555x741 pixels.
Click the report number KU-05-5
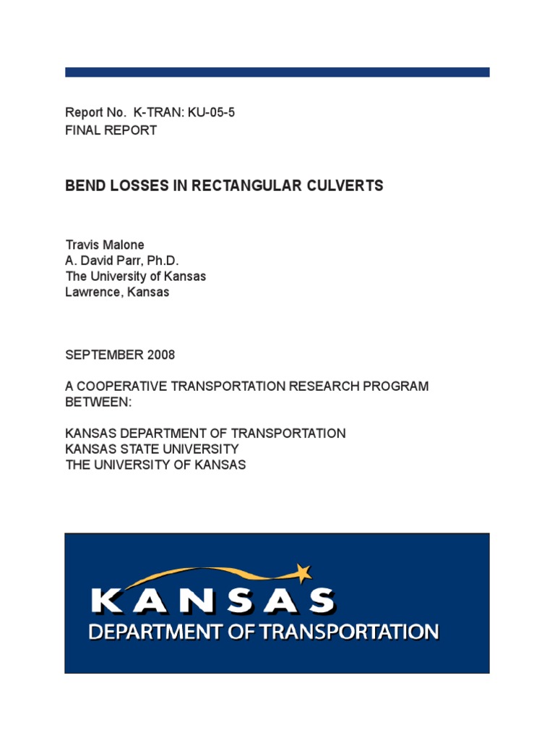click(x=212, y=113)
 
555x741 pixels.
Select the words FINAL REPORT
click(x=111, y=131)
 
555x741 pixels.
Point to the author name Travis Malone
click(x=105, y=245)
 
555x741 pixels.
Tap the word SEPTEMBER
click(x=103, y=355)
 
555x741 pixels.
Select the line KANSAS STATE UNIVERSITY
click(x=152, y=449)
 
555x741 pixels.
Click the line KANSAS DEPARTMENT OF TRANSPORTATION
click(x=205, y=433)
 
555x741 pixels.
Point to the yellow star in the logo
click(x=304, y=573)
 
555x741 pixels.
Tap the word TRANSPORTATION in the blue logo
click(x=350, y=632)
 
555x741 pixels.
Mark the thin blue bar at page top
click(x=277, y=72)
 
